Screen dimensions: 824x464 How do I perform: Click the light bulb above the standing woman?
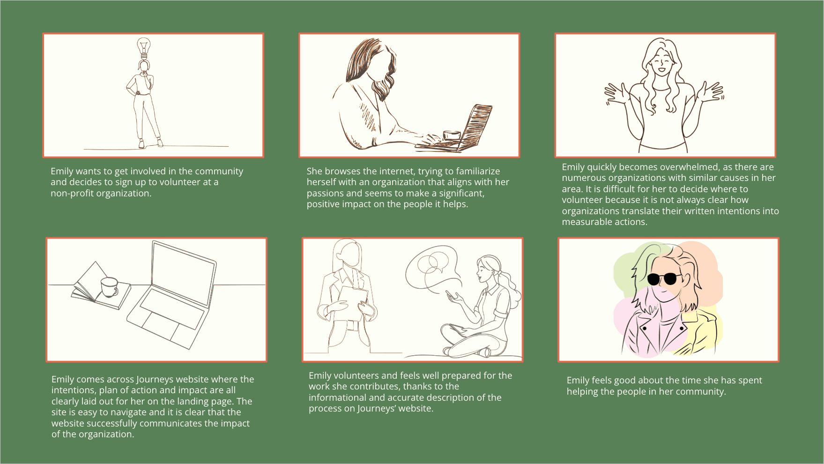click(x=144, y=48)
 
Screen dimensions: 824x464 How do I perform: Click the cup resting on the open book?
click(x=110, y=287)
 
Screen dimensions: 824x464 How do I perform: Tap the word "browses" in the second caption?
click(x=341, y=171)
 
